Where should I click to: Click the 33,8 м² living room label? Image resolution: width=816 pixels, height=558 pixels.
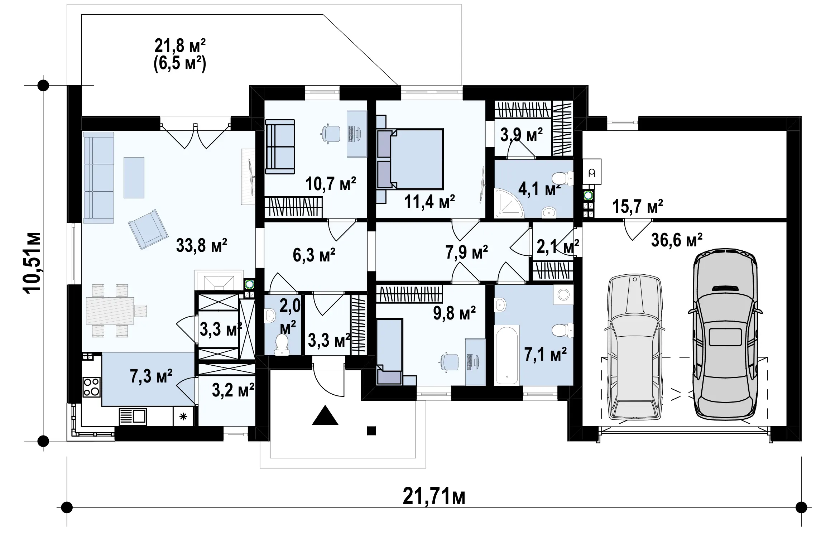click(x=202, y=246)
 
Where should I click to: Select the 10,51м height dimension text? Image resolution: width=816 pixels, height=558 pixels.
click(x=32, y=263)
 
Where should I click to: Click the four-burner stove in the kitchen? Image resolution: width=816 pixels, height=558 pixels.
click(x=91, y=387)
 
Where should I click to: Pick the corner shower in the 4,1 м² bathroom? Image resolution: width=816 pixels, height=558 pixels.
click(x=509, y=203)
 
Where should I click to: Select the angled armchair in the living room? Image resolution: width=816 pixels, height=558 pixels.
click(x=148, y=229)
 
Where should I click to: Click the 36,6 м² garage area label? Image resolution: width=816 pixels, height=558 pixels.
click(x=677, y=240)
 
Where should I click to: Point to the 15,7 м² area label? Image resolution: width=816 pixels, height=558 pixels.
click(x=638, y=206)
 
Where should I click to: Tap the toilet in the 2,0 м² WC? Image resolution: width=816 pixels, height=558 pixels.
click(x=282, y=345)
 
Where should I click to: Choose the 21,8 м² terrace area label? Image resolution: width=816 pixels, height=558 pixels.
click(x=180, y=46)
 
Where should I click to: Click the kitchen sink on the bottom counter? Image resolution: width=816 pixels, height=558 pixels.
click(x=133, y=417)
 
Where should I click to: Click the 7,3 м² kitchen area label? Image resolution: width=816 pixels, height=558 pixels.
click(x=151, y=376)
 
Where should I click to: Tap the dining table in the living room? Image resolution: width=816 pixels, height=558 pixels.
click(x=110, y=311)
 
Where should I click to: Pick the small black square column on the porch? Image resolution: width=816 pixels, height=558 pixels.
click(x=371, y=430)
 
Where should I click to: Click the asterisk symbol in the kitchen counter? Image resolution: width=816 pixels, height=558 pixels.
click(x=183, y=416)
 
